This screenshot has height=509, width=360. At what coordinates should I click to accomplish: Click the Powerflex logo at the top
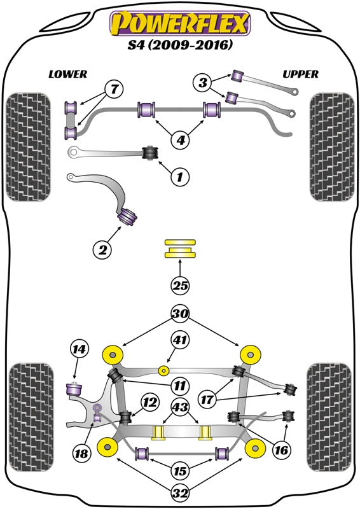(x=180, y=24)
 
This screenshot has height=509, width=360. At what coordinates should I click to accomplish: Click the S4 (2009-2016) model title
(x=180, y=46)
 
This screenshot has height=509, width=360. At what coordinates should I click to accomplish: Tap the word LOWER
(x=67, y=74)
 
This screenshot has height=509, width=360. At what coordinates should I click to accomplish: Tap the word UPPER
(x=300, y=74)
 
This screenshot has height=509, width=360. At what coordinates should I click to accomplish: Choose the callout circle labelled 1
(x=179, y=176)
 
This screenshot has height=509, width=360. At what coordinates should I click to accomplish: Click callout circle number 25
(x=180, y=286)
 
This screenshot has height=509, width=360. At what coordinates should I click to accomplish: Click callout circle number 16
(x=281, y=449)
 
